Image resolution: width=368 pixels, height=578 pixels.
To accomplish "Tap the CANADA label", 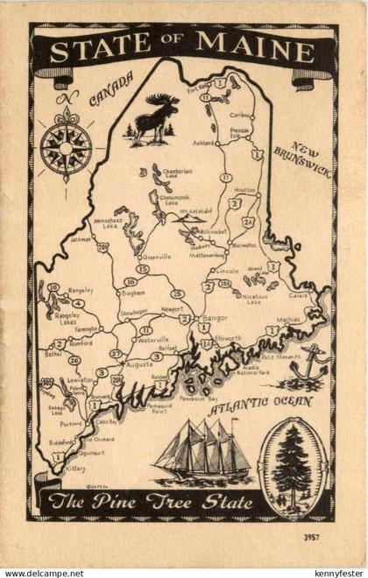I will coord(110,88).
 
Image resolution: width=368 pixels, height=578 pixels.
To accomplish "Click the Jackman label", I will coord(81,238).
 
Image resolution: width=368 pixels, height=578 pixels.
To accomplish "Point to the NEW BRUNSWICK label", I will coord(301,159).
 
